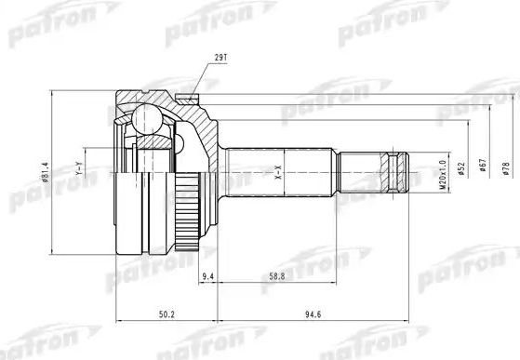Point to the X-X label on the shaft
[277, 169]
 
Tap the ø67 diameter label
[485, 168]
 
